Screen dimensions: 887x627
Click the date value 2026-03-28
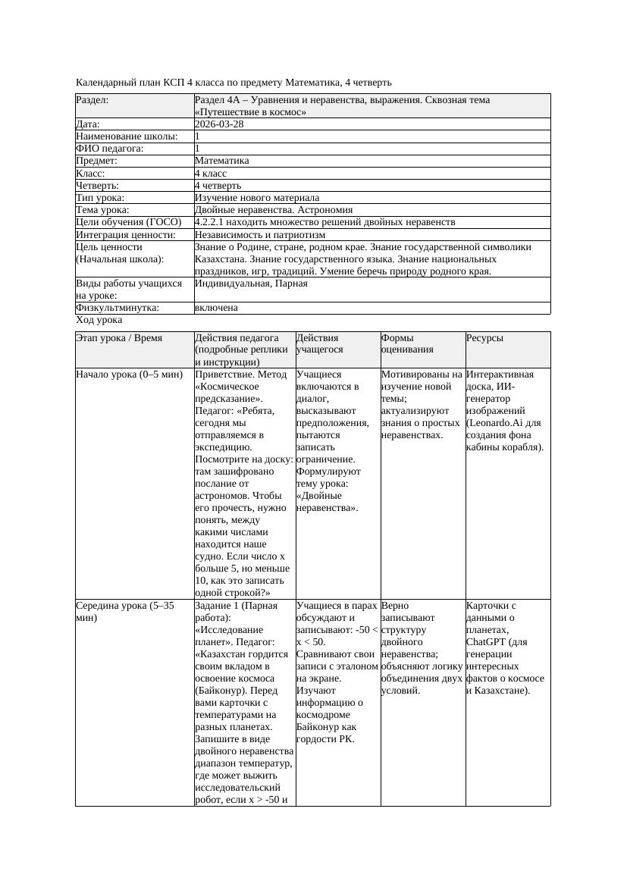pyautogui.click(x=219, y=124)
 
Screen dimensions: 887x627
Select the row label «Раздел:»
pyautogui.click(x=92, y=100)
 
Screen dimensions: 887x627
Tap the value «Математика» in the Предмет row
pyautogui.click(x=221, y=161)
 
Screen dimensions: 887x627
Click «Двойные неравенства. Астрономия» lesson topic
pyautogui.click(x=274, y=209)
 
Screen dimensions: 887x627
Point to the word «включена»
pyautogui.click(x=216, y=308)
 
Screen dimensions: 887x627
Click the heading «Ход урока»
pyautogui.click(x=99, y=320)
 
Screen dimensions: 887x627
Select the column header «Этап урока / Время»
pyautogui.click(x=119, y=338)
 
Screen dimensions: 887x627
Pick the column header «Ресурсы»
pyautogui.click(x=485, y=338)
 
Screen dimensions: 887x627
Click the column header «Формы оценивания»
pyautogui.click(x=409, y=343)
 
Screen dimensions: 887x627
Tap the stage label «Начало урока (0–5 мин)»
pyautogui.click(x=130, y=375)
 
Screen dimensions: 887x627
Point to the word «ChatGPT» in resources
pyautogui.click(x=486, y=642)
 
